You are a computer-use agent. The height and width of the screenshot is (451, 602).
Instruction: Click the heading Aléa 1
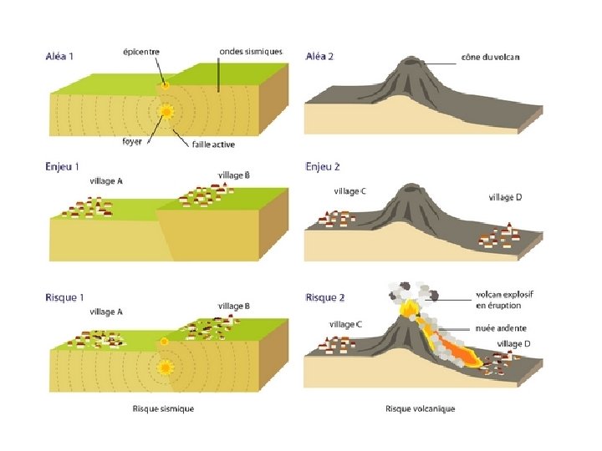point(59,57)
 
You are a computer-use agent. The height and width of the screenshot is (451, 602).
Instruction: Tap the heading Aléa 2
point(320,57)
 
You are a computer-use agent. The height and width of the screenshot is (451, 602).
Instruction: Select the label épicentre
point(143,52)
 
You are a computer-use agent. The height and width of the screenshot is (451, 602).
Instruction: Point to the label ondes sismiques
point(251,51)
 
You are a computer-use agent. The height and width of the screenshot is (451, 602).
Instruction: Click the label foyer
point(132,141)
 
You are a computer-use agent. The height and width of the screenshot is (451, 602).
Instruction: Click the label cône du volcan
point(490,57)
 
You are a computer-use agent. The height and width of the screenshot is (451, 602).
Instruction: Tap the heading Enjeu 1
point(62,167)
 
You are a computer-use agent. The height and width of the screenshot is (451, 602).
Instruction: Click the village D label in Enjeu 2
point(505,197)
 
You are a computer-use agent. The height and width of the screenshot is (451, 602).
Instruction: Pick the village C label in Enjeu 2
point(349,191)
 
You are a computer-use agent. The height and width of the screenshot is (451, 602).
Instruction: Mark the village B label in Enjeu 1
point(234,175)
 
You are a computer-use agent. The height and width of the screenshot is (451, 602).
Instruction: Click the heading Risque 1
point(64,297)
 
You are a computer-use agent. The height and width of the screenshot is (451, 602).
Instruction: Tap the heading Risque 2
point(325,297)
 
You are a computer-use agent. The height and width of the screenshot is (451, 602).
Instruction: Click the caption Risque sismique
point(163,408)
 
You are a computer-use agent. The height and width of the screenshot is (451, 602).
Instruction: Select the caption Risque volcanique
point(420,408)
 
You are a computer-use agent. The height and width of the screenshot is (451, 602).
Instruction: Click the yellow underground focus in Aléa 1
point(167,111)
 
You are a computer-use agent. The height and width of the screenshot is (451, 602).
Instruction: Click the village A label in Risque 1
point(106,312)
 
